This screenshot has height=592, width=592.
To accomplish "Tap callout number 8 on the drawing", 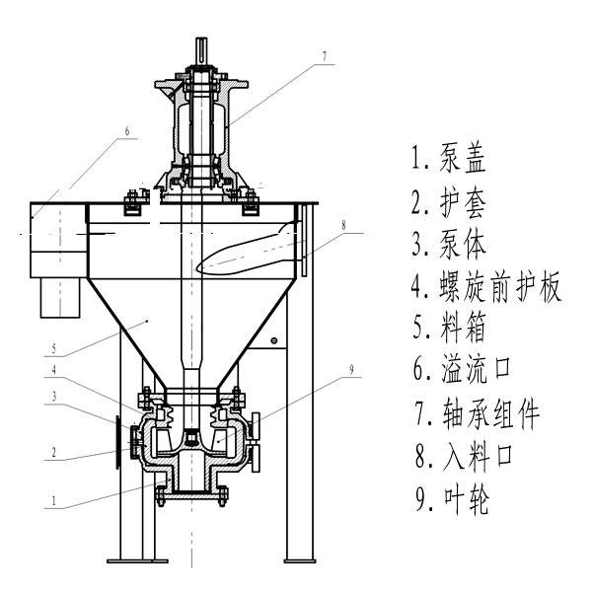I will (x=343, y=226).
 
